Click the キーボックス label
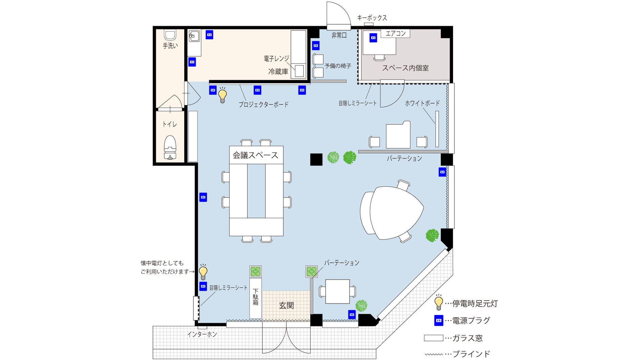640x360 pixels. pyautogui.click(x=372, y=18)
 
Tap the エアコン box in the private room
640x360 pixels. pyautogui.click(x=395, y=33)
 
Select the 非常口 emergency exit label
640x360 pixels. pyautogui.click(x=339, y=35)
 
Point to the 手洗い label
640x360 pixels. pyautogui.click(x=170, y=46)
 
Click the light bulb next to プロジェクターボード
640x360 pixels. pyautogui.click(x=222, y=95)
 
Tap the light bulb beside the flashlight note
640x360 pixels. pyautogui.click(x=203, y=272)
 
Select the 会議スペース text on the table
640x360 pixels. pyautogui.click(x=256, y=155)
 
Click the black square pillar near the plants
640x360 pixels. pyautogui.click(x=316, y=160)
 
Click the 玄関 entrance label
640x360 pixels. pyautogui.click(x=286, y=305)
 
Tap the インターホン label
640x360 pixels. pyautogui.click(x=202, y=334)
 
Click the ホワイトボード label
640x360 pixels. pyautogui.click(x=422, y=103)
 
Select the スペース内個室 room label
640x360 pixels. pyautogui.click(x=405, y=68)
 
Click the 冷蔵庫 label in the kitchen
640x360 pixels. pyautogui.click(x=278, y=71)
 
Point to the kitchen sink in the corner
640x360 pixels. pyautogui.click(x=194, y=36)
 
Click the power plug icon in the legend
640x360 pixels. pyautogui.click(x=439, y=320)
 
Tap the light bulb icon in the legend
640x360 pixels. pyautogui.click(x=439, y=302)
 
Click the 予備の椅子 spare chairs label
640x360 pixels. pyautogui.click(x=338, y=66)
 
